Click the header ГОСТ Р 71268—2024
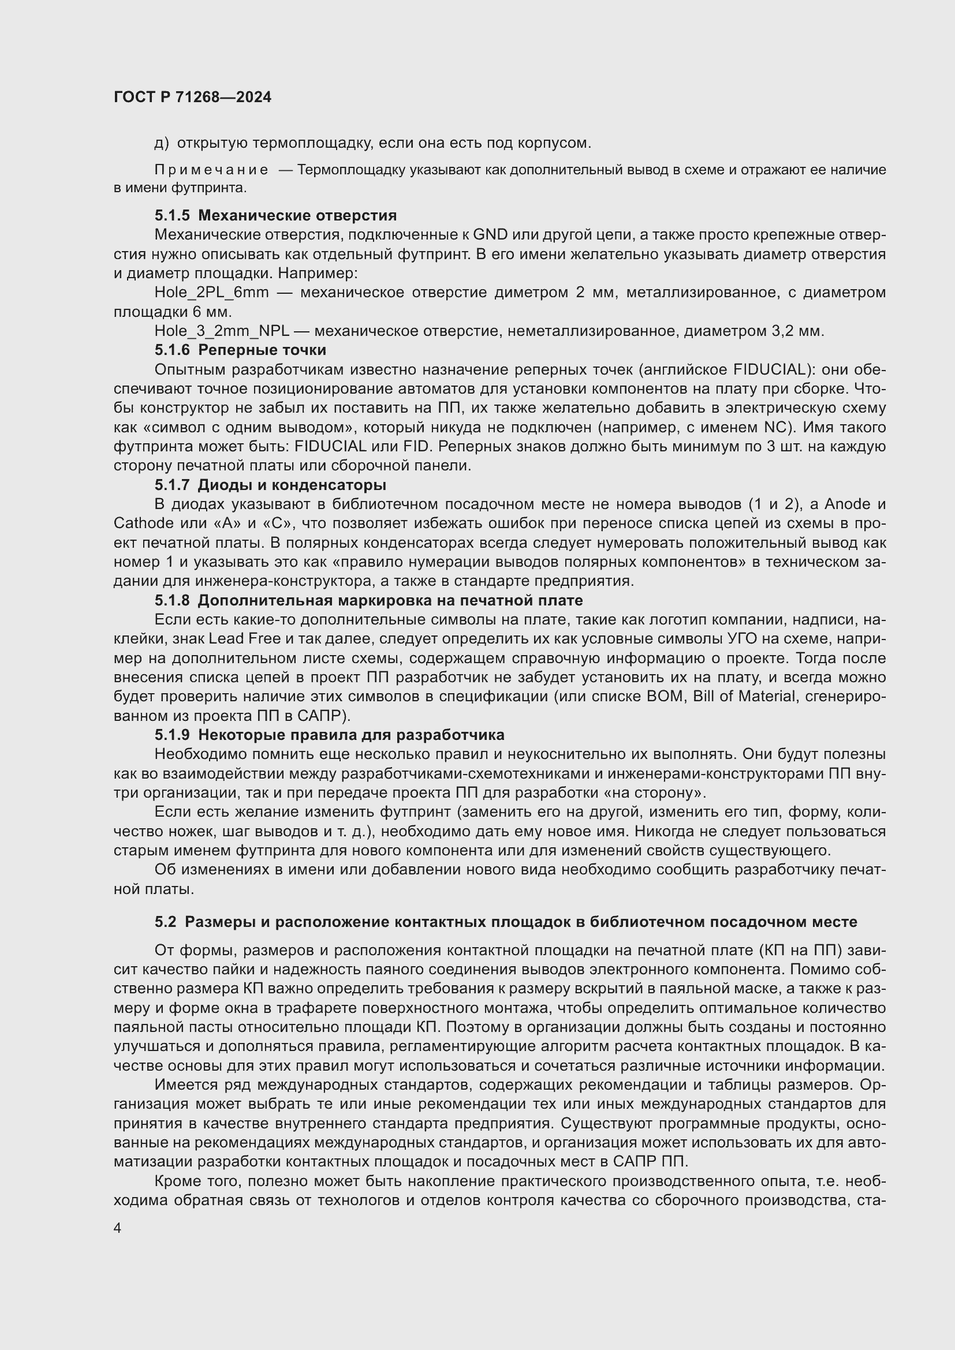click(x=192, y=97)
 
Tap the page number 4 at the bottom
click(x=118, y=1228)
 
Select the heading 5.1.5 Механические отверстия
click(x=275, y=215)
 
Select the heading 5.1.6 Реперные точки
click(x=240, y=350)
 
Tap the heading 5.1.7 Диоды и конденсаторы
click(x=270, y=485)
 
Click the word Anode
click(x=848, y=504)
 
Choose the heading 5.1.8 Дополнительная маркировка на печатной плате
click(x=369, y=600)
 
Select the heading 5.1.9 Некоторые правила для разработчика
click(x=329, y=735)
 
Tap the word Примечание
click(x=211, y=170)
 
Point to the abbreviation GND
click(x=490, y=234)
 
